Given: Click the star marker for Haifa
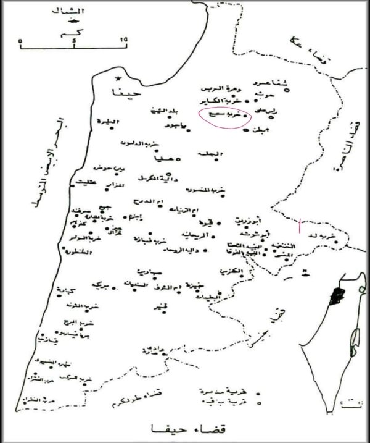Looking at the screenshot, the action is (x=118, y=79).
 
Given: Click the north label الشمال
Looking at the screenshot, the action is (x=74, y=12).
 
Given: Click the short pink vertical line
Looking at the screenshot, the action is (x=300, y=225).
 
